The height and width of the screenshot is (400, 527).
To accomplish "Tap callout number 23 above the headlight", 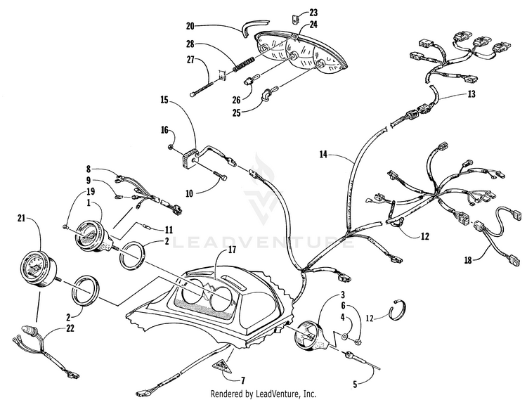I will click(313, 13).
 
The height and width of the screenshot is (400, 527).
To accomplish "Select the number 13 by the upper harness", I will click(471, 94).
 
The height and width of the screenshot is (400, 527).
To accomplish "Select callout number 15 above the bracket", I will click(164, 101).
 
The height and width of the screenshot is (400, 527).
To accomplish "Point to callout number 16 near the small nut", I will click(166, 130).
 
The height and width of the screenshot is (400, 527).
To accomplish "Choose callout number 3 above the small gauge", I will click(344, 294).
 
